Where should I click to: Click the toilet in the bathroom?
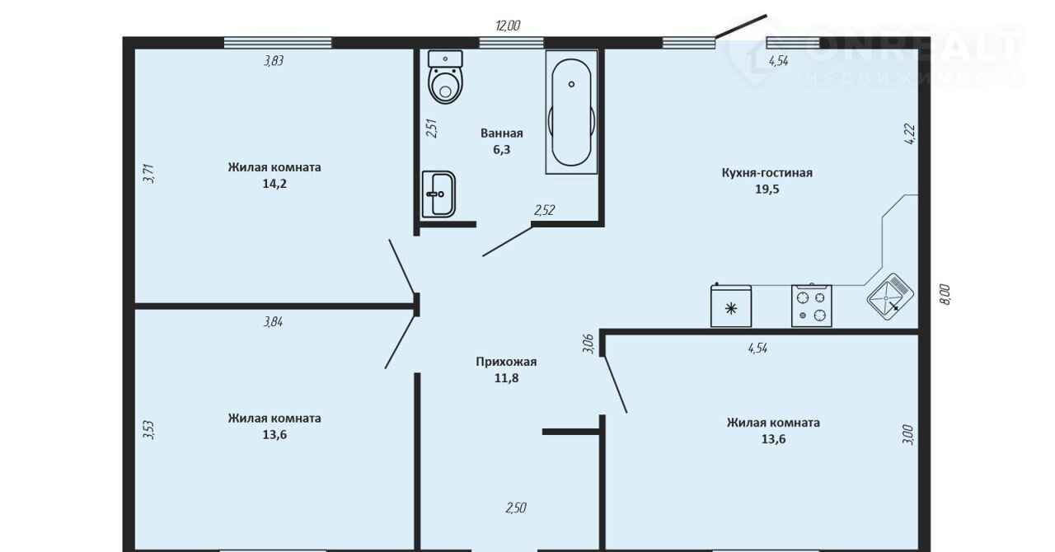coord(445,77)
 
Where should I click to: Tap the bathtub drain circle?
coord(571,84)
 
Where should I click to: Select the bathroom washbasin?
coord(438,194)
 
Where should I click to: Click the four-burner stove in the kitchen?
coord(812,306)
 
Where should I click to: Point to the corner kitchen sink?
coord(890,297)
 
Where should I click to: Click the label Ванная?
coord(502,133)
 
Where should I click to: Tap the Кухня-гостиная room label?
coord(767,173)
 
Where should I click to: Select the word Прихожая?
coord(506,362)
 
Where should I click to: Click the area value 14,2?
coord(274,184)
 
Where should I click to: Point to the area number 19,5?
coord(767,189)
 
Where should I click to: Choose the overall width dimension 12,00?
coord(508,26)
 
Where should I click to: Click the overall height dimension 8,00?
coord(945,294)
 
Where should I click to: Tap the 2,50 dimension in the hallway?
coord(516,508)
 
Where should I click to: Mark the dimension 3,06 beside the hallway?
coord(588,344)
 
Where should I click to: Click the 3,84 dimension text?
coord(273,321)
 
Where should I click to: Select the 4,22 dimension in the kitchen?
coord(909,133)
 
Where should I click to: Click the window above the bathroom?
coord(512,43)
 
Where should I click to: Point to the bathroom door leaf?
coord(507,241)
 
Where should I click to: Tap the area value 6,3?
coord(502,150)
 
